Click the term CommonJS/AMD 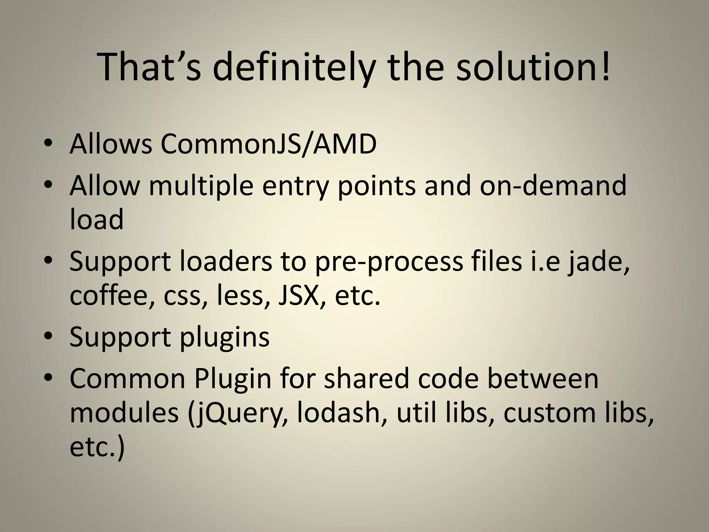point(268,144)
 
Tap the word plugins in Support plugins point(224,338)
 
